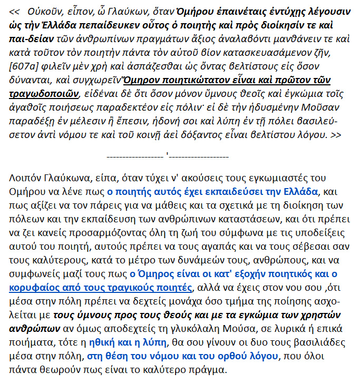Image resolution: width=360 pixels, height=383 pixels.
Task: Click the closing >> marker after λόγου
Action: [335, 136]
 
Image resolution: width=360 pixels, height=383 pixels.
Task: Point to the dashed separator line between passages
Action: [168, 156]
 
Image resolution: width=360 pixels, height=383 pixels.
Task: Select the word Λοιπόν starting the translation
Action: [24, 178]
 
